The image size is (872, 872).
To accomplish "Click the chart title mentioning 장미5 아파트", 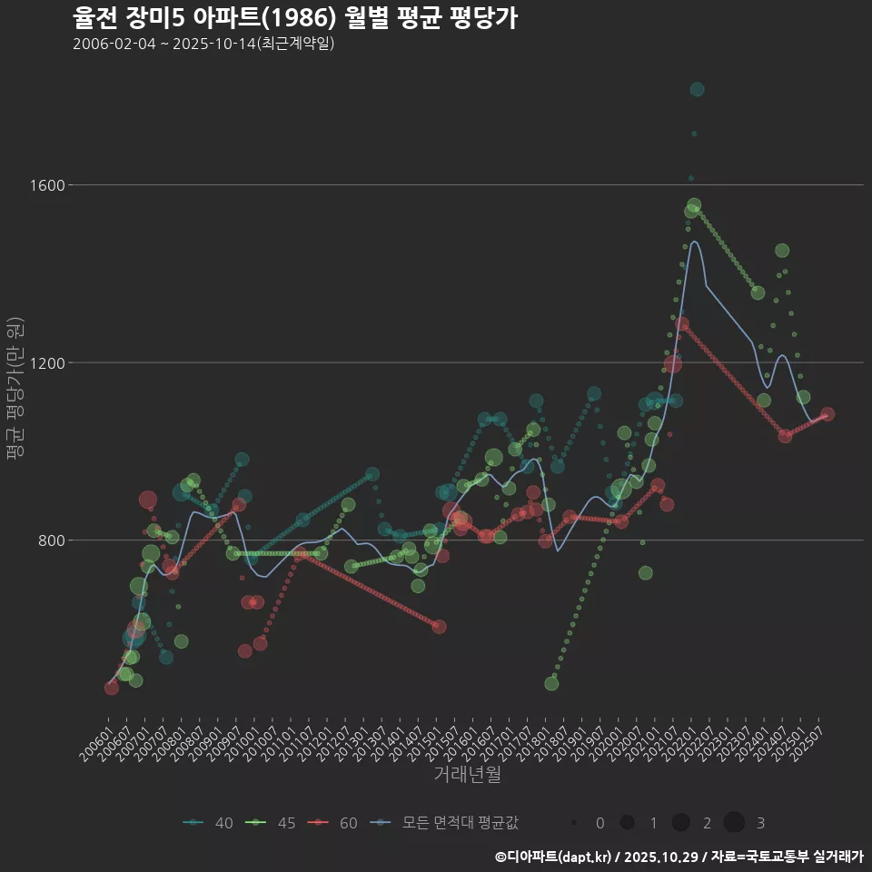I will [295, 17].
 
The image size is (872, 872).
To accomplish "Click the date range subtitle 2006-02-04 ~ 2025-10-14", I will [204, 43].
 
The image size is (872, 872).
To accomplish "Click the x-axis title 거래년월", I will [467, 774].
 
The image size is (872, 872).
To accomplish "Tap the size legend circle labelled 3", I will [734, 823].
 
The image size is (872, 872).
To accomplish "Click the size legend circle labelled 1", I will [627, 823].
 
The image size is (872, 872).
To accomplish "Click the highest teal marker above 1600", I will [697, 89].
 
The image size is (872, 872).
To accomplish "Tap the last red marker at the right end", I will [827, 414].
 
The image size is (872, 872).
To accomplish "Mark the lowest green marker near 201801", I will [551, 683].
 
